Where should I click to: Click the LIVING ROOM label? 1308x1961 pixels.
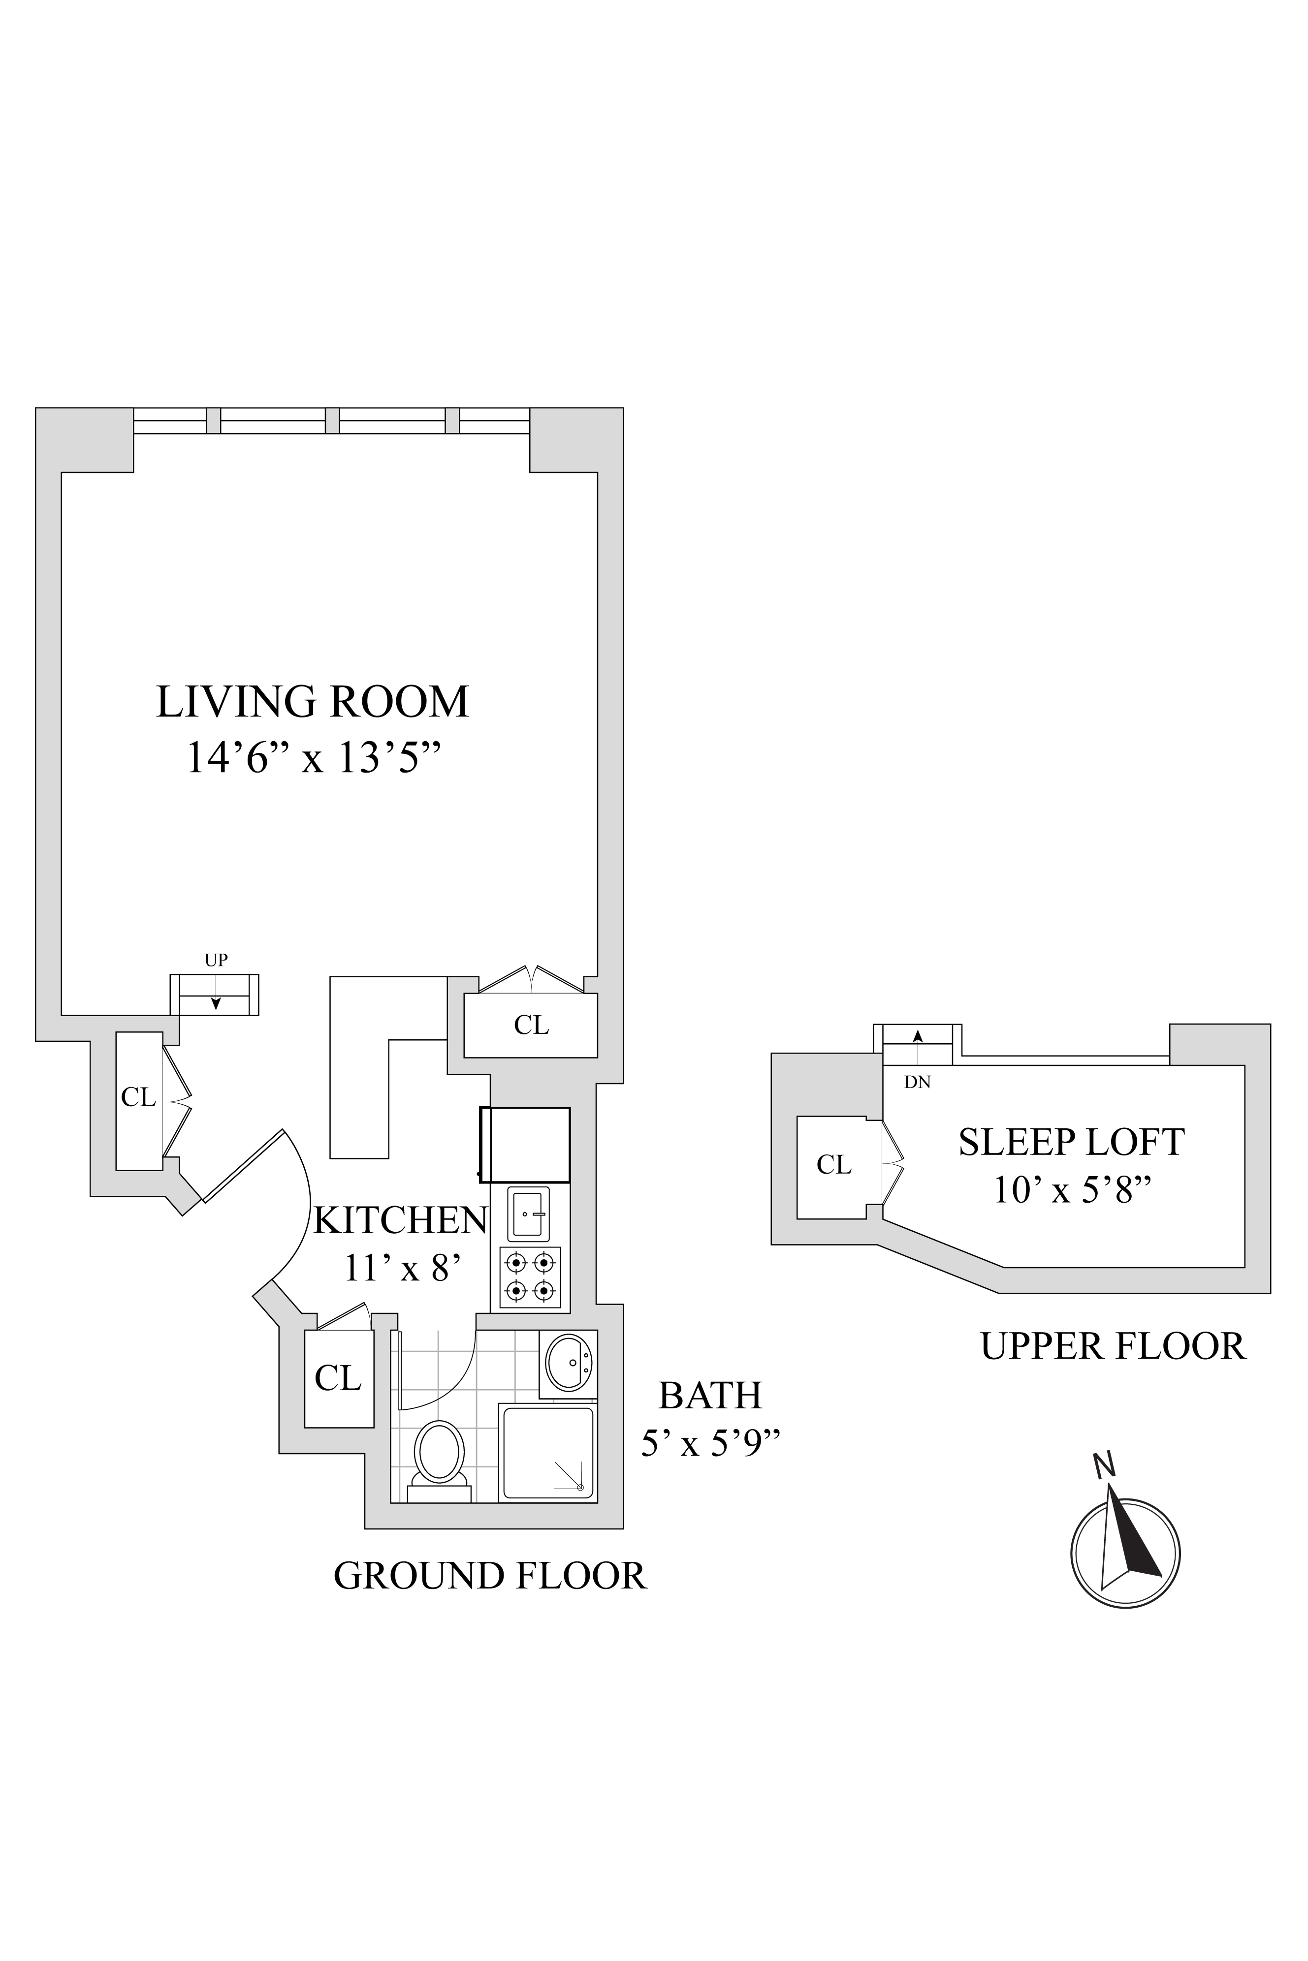[312, 702]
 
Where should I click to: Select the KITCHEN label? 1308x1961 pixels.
[400, 1220]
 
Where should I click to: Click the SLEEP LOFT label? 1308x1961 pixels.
[1071, 1142]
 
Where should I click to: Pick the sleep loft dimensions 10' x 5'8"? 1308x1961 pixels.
[1071, 1190]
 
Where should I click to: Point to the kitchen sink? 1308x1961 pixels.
[528, 1213]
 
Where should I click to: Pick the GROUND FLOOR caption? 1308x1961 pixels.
[490, 1576]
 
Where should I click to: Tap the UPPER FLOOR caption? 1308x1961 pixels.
[1113, 1346]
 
